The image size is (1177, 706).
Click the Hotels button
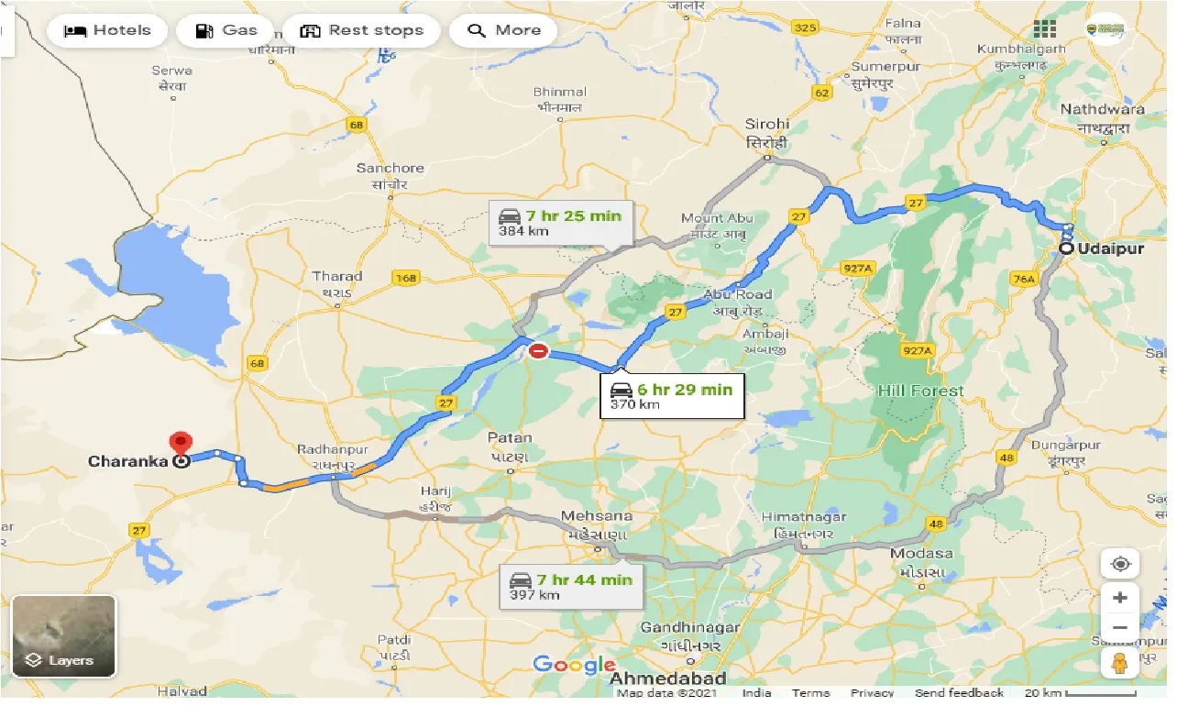[x=107, y=30]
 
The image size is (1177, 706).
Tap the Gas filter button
[x=225, y=30]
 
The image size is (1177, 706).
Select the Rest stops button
[x=364, y=30]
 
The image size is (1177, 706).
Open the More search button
[x=503, y=30]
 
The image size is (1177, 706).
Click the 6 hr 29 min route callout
[x=672, y=396]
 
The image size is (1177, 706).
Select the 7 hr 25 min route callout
[x=560, y=223]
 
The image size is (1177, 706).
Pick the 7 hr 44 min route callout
[x=571, y=586]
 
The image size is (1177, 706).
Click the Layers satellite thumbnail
[x=64, y=635]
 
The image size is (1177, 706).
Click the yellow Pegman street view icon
[x=1120, y=664]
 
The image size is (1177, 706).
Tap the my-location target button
[x=1120, y=563]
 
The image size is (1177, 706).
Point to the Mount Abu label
[x=717, y=218]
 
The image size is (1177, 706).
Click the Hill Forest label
[x=920, y=391]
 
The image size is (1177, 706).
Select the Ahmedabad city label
[x=668, y=679]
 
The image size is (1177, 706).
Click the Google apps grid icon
[x=1043, y=29]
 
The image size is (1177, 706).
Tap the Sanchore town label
[x=390, y=168]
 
